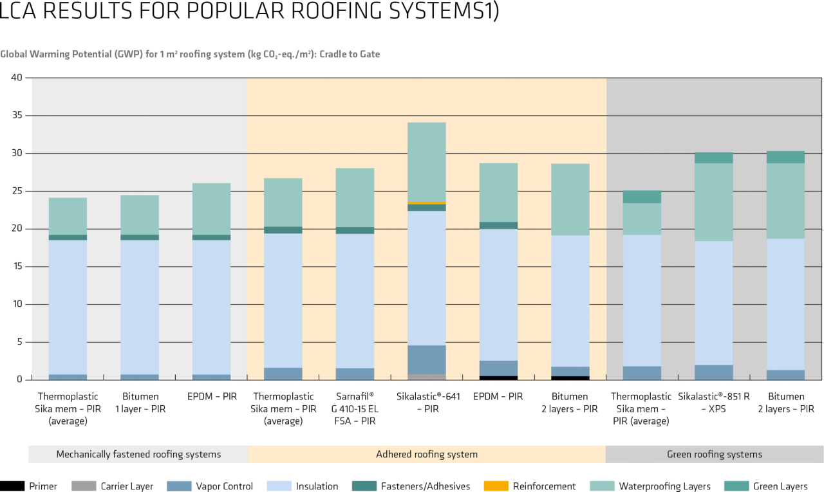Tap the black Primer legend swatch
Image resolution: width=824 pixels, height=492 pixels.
(12, 486)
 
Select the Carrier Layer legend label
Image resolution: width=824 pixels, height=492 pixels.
(127, 486)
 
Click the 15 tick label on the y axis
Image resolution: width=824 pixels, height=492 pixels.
(17, 267)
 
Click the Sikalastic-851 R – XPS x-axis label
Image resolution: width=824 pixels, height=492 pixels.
(714, 403)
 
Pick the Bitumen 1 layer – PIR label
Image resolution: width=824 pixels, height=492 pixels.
(140, 403)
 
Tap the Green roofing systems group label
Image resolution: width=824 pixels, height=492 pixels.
(715, 454)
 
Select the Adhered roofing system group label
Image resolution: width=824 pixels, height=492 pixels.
(427, 454)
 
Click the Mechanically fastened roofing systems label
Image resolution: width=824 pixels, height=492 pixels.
(138, 454)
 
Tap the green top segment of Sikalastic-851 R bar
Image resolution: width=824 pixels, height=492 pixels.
(714, 158)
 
